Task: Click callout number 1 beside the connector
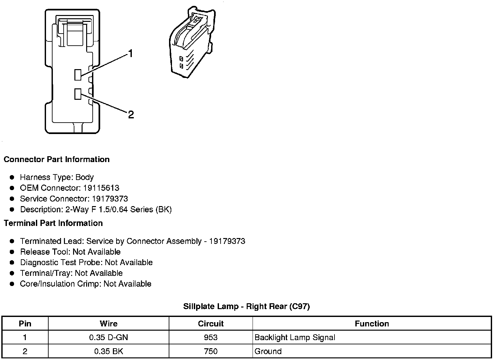[131, 53]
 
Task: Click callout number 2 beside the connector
[131, 114]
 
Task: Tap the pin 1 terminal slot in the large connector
[78, 75]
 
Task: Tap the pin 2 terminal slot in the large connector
[78, 94]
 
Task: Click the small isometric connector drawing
[191, 43]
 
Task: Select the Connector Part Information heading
[56, 159]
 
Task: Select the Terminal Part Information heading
[53, 223]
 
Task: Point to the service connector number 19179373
[110, 199]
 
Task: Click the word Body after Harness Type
[85, 177]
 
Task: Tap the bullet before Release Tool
[12, 252]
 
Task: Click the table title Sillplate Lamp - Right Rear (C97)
[246, 306]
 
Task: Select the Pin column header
[25, 323]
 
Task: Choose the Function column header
[372, 323]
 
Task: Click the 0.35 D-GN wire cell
[108, 337]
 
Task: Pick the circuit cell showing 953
[210, 337]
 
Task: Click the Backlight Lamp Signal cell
[295, 337]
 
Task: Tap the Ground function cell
[268, 351]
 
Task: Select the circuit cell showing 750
[210, 351]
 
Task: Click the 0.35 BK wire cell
[108, 351]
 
